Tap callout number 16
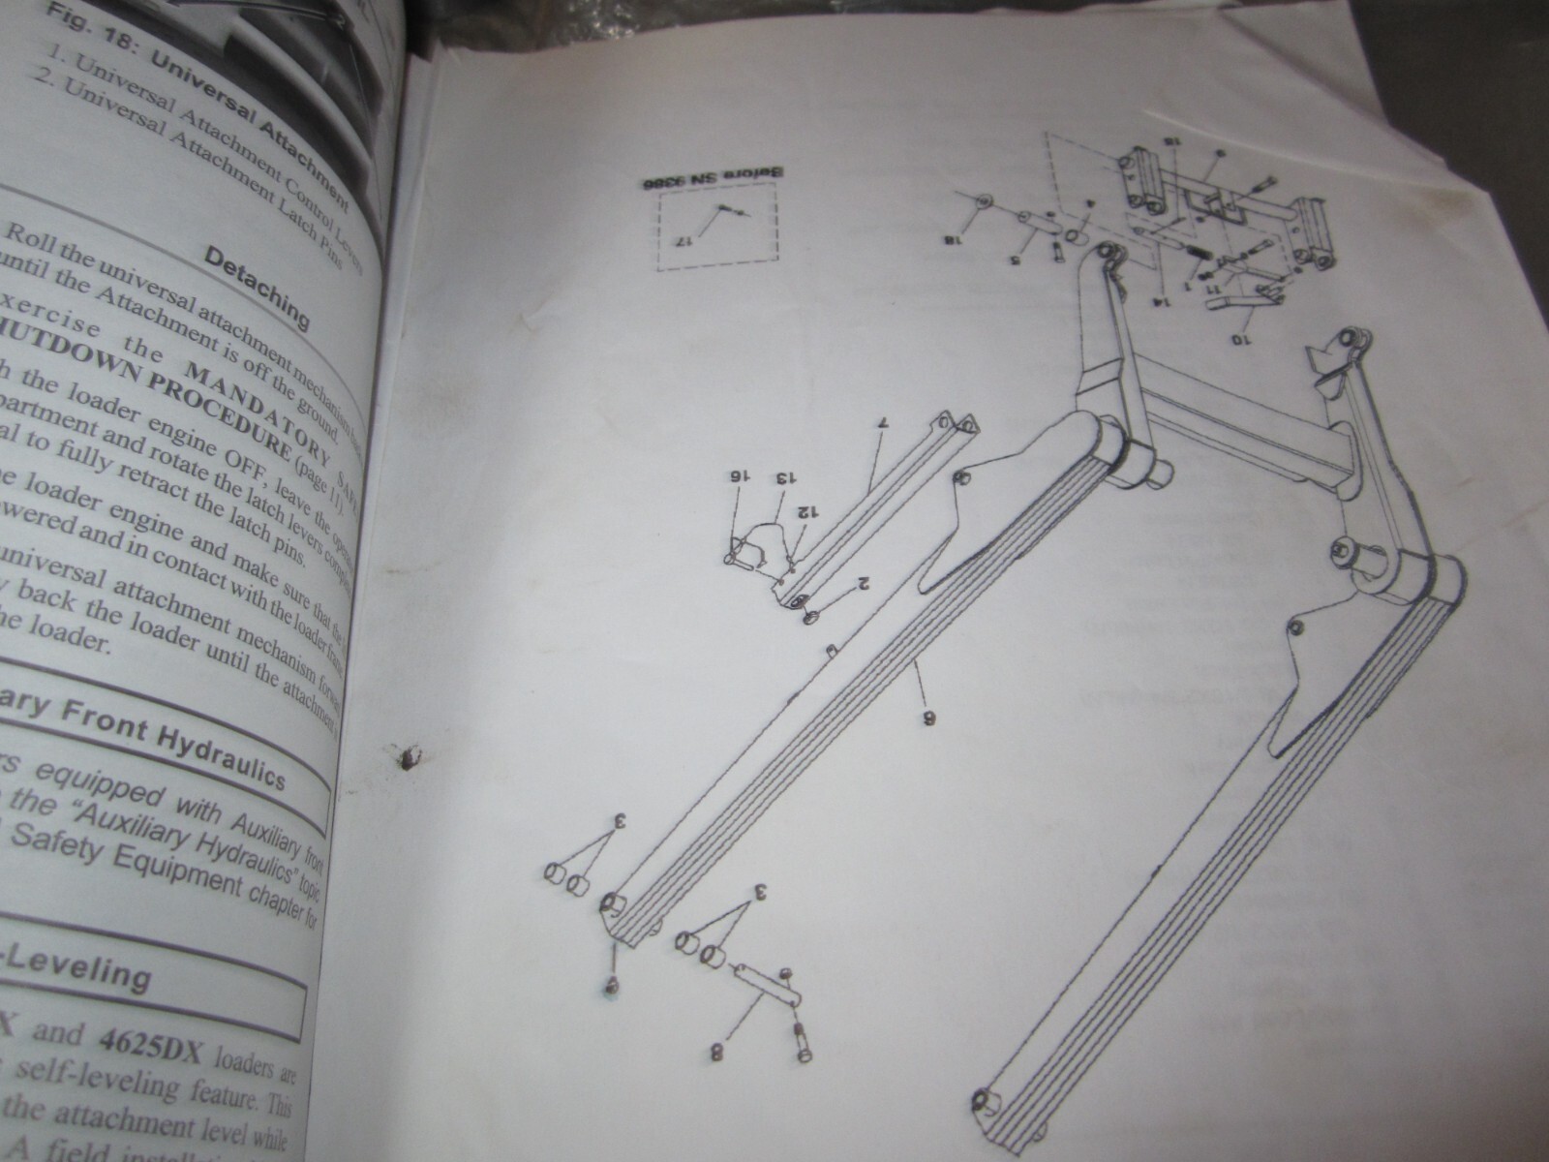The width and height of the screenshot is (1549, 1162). click(738, 477)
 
